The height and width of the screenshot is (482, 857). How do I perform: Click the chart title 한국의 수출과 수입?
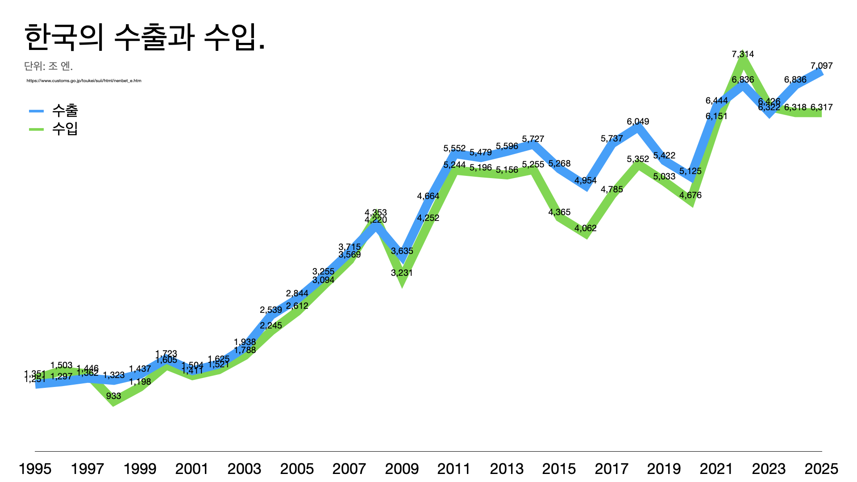[145, 37]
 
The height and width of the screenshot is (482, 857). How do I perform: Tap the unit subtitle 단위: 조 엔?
[48, 66]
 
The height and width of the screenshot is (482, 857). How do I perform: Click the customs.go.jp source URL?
[84, 81]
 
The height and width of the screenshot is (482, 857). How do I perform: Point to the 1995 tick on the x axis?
[35, 469]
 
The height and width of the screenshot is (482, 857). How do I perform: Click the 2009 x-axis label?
[402, 469]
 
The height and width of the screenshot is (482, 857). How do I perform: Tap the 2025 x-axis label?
[821, 469]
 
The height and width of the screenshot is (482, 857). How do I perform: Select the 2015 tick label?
[559, 469]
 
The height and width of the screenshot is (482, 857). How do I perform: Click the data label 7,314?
[743, 54]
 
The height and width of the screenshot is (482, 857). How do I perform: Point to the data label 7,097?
[821, 66]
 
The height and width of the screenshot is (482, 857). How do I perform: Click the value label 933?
[113, 396]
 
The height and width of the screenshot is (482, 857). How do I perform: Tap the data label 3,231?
[402, 273]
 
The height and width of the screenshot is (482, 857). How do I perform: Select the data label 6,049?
[638, 121]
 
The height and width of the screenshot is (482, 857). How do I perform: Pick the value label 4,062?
[585, 228]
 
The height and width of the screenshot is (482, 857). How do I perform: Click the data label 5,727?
[533, 139]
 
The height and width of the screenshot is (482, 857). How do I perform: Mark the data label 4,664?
[428, 196]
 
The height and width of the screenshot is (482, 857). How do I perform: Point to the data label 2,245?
[271, 325]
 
